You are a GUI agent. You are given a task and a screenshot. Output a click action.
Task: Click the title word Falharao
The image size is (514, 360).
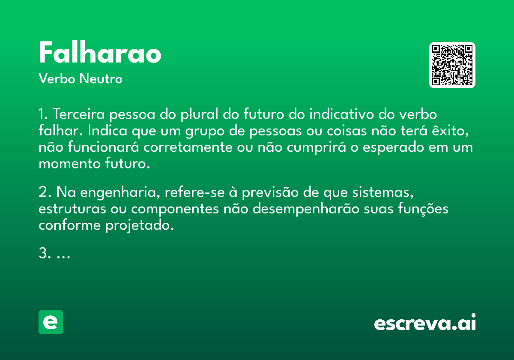click(100, 52)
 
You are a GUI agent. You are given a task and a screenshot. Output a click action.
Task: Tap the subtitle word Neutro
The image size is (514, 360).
click(101, 79)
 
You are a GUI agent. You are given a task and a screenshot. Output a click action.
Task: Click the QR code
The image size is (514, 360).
click(452, 65)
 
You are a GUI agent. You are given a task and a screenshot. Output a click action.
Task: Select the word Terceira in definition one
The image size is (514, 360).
click(79, 114)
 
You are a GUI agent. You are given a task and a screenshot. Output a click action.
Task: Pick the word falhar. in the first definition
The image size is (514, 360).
click(61, 130)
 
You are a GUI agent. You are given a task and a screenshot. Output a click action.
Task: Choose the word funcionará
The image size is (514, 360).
click(103, 147)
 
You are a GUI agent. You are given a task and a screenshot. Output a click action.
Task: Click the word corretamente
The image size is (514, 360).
click(188, 147)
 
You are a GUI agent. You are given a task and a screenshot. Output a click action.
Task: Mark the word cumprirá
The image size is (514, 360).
click(317, 147)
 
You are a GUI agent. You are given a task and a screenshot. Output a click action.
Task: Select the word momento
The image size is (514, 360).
click(70, 164)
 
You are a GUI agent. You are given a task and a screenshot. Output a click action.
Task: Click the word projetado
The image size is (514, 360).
click(140, 226)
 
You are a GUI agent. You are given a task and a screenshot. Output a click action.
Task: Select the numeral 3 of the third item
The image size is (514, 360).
click(43, 253)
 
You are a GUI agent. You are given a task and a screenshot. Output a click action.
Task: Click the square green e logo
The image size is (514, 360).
click(51, 322)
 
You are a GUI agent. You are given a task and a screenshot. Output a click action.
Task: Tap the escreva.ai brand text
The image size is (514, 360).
click(425, 322)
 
